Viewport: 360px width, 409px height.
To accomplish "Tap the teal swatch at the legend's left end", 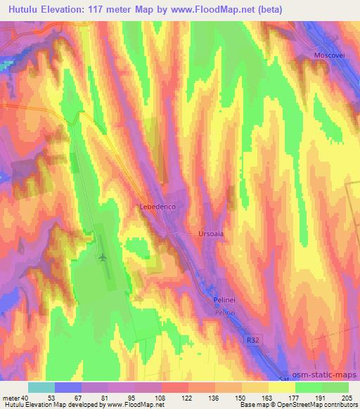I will (x=41, y=387).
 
